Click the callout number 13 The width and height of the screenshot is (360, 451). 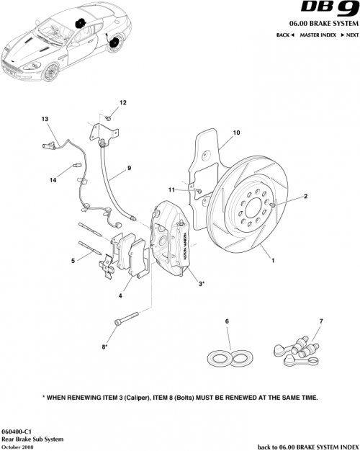point(45,118)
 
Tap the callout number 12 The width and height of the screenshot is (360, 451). point(122,104)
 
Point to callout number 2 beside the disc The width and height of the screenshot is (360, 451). point(305,196)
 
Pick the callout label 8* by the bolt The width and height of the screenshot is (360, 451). point(105,347)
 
